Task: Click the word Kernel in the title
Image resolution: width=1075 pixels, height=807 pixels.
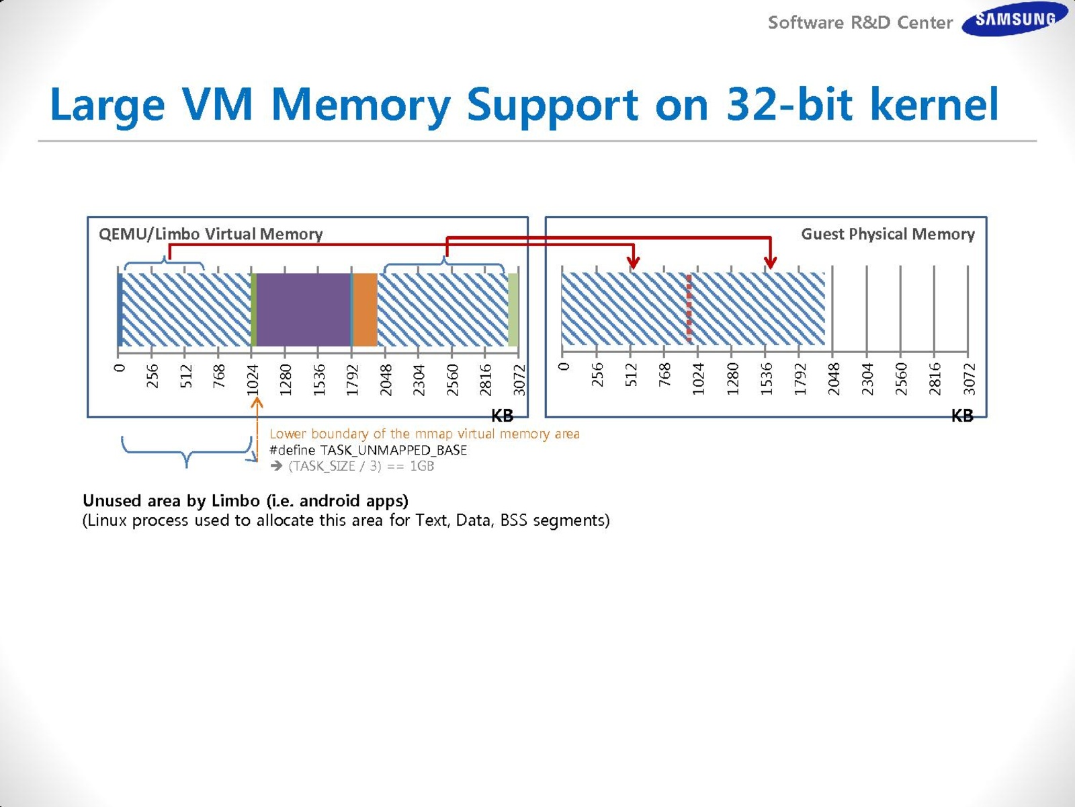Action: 935,105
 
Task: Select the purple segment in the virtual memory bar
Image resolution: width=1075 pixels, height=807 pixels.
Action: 303,309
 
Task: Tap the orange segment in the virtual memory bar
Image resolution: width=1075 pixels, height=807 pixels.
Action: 365,309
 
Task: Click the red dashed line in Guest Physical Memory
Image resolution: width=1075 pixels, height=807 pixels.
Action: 689,309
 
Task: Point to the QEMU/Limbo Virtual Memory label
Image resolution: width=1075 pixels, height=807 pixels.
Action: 210,234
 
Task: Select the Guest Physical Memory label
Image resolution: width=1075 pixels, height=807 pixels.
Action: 887,234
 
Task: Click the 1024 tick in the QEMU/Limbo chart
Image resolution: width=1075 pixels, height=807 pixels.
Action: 253,379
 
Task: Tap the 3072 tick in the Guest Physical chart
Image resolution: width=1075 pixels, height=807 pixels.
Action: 969,379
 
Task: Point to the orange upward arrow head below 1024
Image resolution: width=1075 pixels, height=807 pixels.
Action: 257,403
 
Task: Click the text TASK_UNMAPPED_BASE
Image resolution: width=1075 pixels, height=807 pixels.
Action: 393,450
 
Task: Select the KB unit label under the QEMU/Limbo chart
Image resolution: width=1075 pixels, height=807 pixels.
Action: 502,416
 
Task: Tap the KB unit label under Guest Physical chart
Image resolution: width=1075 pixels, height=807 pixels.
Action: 962,416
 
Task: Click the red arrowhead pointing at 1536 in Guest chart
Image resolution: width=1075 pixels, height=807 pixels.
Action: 771,262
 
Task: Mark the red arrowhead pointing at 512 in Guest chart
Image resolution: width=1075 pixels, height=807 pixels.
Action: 632,262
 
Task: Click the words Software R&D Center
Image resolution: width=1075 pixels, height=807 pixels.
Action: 860,23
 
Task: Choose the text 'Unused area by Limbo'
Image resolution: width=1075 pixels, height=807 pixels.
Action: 171,500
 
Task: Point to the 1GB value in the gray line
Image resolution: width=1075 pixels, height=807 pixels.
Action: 422,466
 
